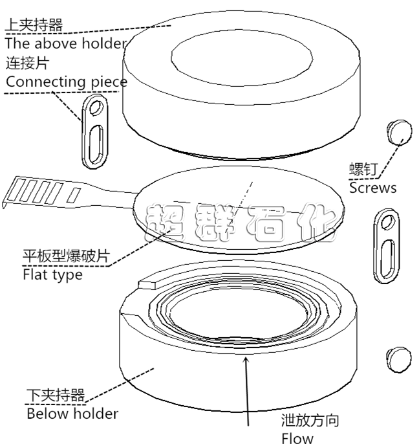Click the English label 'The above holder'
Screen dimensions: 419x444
[66, 43]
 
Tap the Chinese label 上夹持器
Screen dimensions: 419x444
[34, 25]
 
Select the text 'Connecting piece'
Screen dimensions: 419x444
[67, 82]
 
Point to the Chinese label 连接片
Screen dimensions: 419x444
[27, 63]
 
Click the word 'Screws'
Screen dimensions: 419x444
[373, 188]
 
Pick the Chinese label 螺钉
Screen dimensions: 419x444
[363, 170]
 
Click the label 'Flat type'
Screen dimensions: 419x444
[52, 274]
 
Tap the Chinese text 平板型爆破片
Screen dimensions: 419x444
[66, 256]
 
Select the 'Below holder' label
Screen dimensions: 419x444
[72, 414]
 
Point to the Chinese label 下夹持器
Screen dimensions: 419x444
[56, 395]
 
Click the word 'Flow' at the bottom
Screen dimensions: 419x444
[297, 438]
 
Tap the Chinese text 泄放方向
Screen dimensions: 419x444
[310, 421]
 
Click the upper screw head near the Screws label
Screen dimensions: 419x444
[400, 132]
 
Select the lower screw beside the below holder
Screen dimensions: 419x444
[399, 360]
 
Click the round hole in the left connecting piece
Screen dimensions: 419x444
[97, 108]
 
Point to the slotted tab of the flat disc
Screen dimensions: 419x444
[43, 193]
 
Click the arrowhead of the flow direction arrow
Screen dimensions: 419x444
[246, 360]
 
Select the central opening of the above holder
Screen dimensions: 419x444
[242, 58]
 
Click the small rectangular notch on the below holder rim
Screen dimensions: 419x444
[147, 285]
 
